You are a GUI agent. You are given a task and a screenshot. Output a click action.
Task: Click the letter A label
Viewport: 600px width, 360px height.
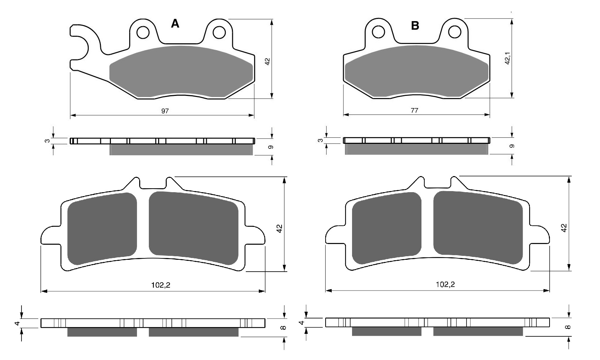click(175, 24)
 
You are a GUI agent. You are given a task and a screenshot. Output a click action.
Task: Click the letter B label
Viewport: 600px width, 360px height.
click(415, 26)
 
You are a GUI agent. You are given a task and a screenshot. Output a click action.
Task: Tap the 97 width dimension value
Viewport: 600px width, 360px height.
click(165, 111)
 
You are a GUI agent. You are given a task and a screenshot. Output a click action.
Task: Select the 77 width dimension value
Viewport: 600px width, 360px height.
click(414, 110)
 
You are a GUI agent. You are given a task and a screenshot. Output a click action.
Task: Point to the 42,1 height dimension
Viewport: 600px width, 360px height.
click(507, 58)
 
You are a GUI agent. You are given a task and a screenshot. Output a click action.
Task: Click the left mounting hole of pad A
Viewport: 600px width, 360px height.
click(143, 33)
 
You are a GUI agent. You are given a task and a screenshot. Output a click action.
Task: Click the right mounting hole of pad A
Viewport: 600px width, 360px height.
click(219, 33)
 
